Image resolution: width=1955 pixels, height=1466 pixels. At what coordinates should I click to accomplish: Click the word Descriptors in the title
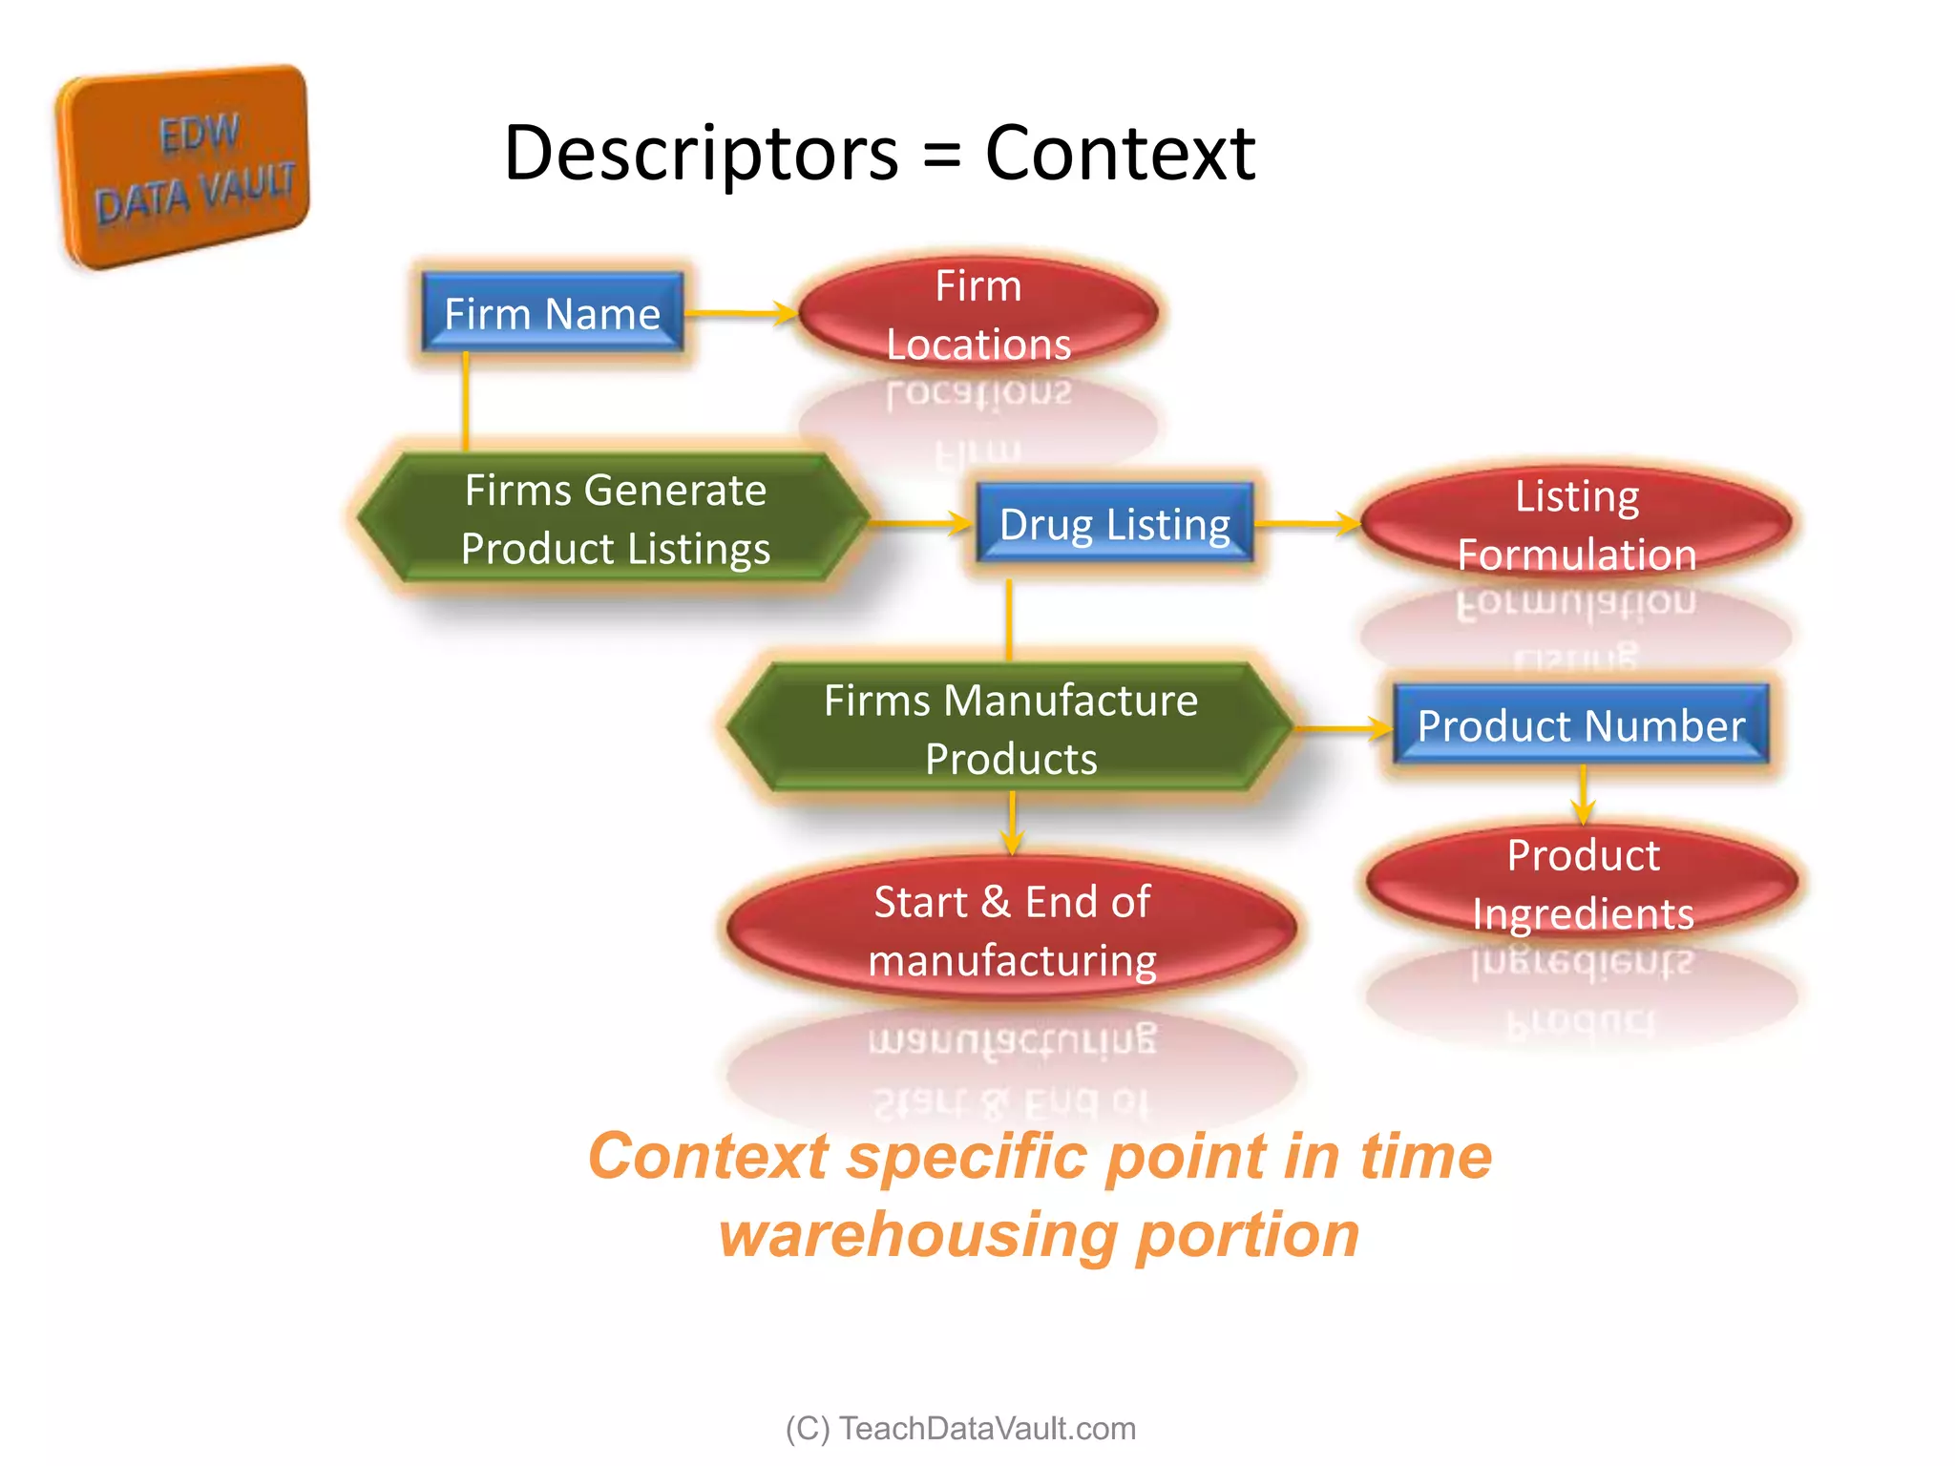[701, 153]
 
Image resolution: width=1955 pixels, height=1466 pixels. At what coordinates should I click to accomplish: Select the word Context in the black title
[1120, 153]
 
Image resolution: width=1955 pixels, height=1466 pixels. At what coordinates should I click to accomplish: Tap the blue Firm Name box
[553, 313]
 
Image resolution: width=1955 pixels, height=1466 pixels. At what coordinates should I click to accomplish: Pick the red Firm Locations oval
[978, 314]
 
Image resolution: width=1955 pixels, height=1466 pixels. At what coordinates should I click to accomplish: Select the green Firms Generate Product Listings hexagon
[615, 519]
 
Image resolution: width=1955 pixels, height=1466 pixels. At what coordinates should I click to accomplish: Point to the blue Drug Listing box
[1114, 523]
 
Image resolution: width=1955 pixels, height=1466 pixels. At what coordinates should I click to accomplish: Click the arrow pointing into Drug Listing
[921, 522]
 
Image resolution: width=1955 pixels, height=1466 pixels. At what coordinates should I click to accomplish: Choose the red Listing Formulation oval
[1577, 524]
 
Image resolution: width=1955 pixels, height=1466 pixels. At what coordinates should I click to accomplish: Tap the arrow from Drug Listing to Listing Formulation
[1308, 522]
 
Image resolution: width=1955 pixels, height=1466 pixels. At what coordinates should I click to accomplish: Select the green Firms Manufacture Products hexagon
[1010, 729]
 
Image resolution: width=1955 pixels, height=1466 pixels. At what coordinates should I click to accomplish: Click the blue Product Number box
[1581, 725]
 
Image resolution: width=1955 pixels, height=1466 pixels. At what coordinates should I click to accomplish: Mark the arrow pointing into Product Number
[1342, 728]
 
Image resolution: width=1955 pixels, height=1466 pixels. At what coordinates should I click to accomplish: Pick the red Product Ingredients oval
[1583, 884]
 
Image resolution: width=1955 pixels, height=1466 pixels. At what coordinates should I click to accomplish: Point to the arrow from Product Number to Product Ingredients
[1583, 795]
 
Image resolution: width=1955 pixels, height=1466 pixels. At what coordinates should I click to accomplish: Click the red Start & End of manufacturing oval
[1012, 930]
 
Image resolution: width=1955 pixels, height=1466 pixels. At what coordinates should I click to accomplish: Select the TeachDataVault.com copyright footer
[960, 1428]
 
